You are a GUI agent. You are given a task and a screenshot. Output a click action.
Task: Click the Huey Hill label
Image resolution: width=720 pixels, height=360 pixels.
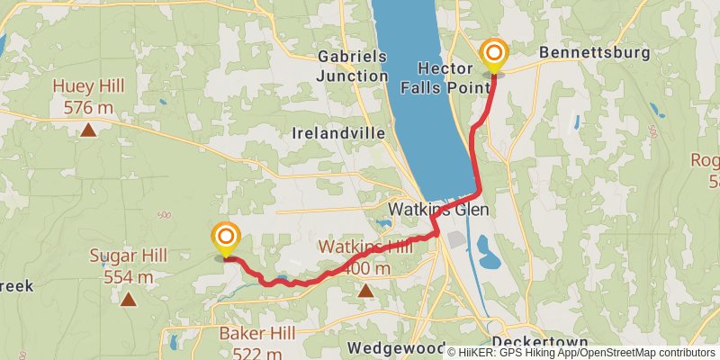pyautogui.click(x=88, y=87)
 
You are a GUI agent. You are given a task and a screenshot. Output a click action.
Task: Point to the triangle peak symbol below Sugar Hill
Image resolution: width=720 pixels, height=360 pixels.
pyautogui.click(x=129, y=300)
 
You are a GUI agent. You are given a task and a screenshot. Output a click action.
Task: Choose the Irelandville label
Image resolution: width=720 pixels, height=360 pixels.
pyautogui.click(x=338, y=132)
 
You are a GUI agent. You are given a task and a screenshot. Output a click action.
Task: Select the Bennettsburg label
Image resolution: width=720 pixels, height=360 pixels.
pyautogui.click(x=594, y=53)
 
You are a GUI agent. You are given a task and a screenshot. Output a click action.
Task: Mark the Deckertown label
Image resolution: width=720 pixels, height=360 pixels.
pyautogui.click(x=540, y=343)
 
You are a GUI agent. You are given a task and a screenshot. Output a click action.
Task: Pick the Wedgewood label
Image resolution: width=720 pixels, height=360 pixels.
pyautogui.click(x=397, y=347)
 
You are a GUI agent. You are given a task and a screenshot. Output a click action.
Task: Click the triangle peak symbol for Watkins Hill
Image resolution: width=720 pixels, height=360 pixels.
pyautogui.click(x=365, y=290)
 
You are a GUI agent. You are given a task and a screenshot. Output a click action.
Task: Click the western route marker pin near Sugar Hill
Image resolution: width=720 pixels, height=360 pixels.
pyautogui.click(x=225, y=238)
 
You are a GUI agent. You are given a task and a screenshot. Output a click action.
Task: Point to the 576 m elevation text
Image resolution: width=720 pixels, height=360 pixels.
pyautogui.click(x=88, y=107)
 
